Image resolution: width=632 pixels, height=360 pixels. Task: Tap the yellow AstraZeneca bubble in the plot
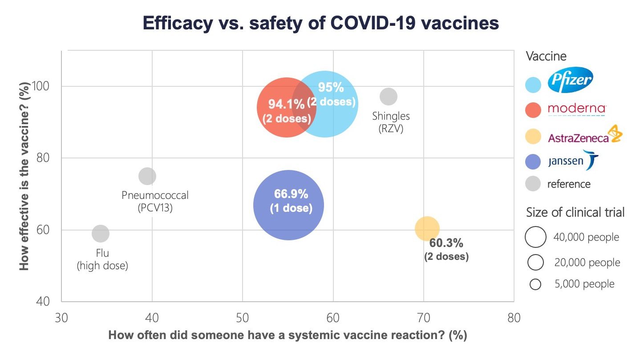click(x=427, y=229)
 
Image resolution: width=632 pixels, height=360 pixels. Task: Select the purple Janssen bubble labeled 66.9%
click(x=288, y=205)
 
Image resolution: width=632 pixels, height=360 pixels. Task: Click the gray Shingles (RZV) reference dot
click(x=388, y=96)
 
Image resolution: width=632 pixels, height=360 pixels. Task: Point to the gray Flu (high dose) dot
click(x=101, y=233)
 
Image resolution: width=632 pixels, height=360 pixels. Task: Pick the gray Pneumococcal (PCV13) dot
click(x=147, y=176)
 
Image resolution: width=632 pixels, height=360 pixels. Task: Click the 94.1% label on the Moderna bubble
click(x=286, y=104)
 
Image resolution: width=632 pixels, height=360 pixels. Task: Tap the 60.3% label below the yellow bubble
click(x=446, y=243)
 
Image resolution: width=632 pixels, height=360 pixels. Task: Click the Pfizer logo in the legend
click(x=570, y=81)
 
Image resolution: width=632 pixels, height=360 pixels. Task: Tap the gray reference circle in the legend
click(x=533, y=184)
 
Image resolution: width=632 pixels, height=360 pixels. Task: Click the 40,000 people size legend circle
click(x=535, y=237)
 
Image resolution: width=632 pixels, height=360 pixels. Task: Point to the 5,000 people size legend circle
click(x=535, y=284)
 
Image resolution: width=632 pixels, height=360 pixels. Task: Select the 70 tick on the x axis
click(x=423, y=318)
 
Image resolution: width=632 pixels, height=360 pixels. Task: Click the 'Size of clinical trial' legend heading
click(x=575, y=212)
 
